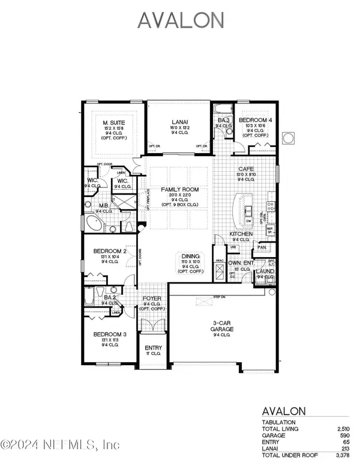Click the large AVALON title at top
click(181, 20)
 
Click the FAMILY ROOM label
click(179, 190)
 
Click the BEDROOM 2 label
click(109, 251)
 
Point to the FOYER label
click(150, 298)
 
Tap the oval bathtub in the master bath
click(94, 225)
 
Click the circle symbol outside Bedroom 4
click(287, 138)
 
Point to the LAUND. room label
click(265, 271)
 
